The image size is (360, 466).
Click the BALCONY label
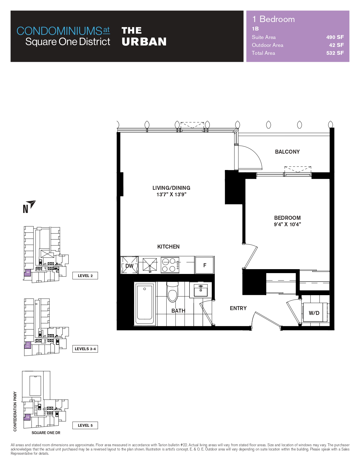click(287, 152)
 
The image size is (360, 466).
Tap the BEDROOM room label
click(287, 218)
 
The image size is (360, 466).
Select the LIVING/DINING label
click(171, 188)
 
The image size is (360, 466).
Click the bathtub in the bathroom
click(145, 304)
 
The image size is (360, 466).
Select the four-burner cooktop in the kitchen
click(170, 265)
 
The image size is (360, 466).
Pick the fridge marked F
click(205, 265)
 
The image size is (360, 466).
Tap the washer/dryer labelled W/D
click(314, 313)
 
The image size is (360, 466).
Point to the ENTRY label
click(238, 308)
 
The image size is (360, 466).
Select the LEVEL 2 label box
click(85, 276)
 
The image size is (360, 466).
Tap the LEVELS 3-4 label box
click(85, 349)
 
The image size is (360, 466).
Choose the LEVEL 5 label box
click(85, 425)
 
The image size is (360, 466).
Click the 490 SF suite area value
click(335, 37)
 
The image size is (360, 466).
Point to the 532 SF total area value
click(335, 53)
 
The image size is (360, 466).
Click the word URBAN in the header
click(144, 42)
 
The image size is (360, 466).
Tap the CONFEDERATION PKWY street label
click(15, 411)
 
